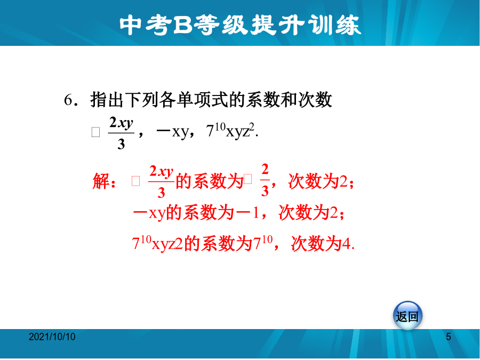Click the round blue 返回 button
(x=407, y=316)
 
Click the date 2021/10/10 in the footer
(x=52, y=337)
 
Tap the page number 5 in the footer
(x=449, y=337)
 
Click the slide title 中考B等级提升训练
(x=241, y=25)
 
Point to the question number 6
(x=68, y=100)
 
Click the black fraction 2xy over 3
(x=121, y=133)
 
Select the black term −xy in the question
(x=172, y=132)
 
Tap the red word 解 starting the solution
(x=101, y=181)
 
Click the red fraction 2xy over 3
(x=161, y=181)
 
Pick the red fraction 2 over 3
(x=265, y=180)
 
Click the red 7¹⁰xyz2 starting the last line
(x=157, y=243)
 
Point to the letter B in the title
(x=182, y=25)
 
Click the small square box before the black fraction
(x=96, y=132)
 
